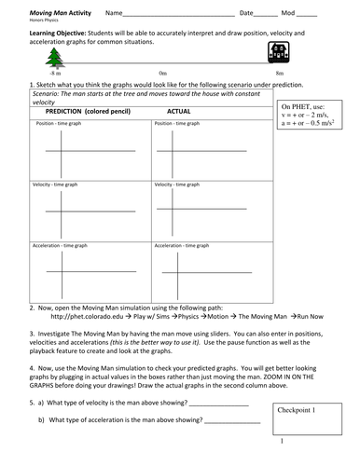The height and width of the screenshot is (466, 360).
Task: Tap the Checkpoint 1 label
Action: tap(298, 409)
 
